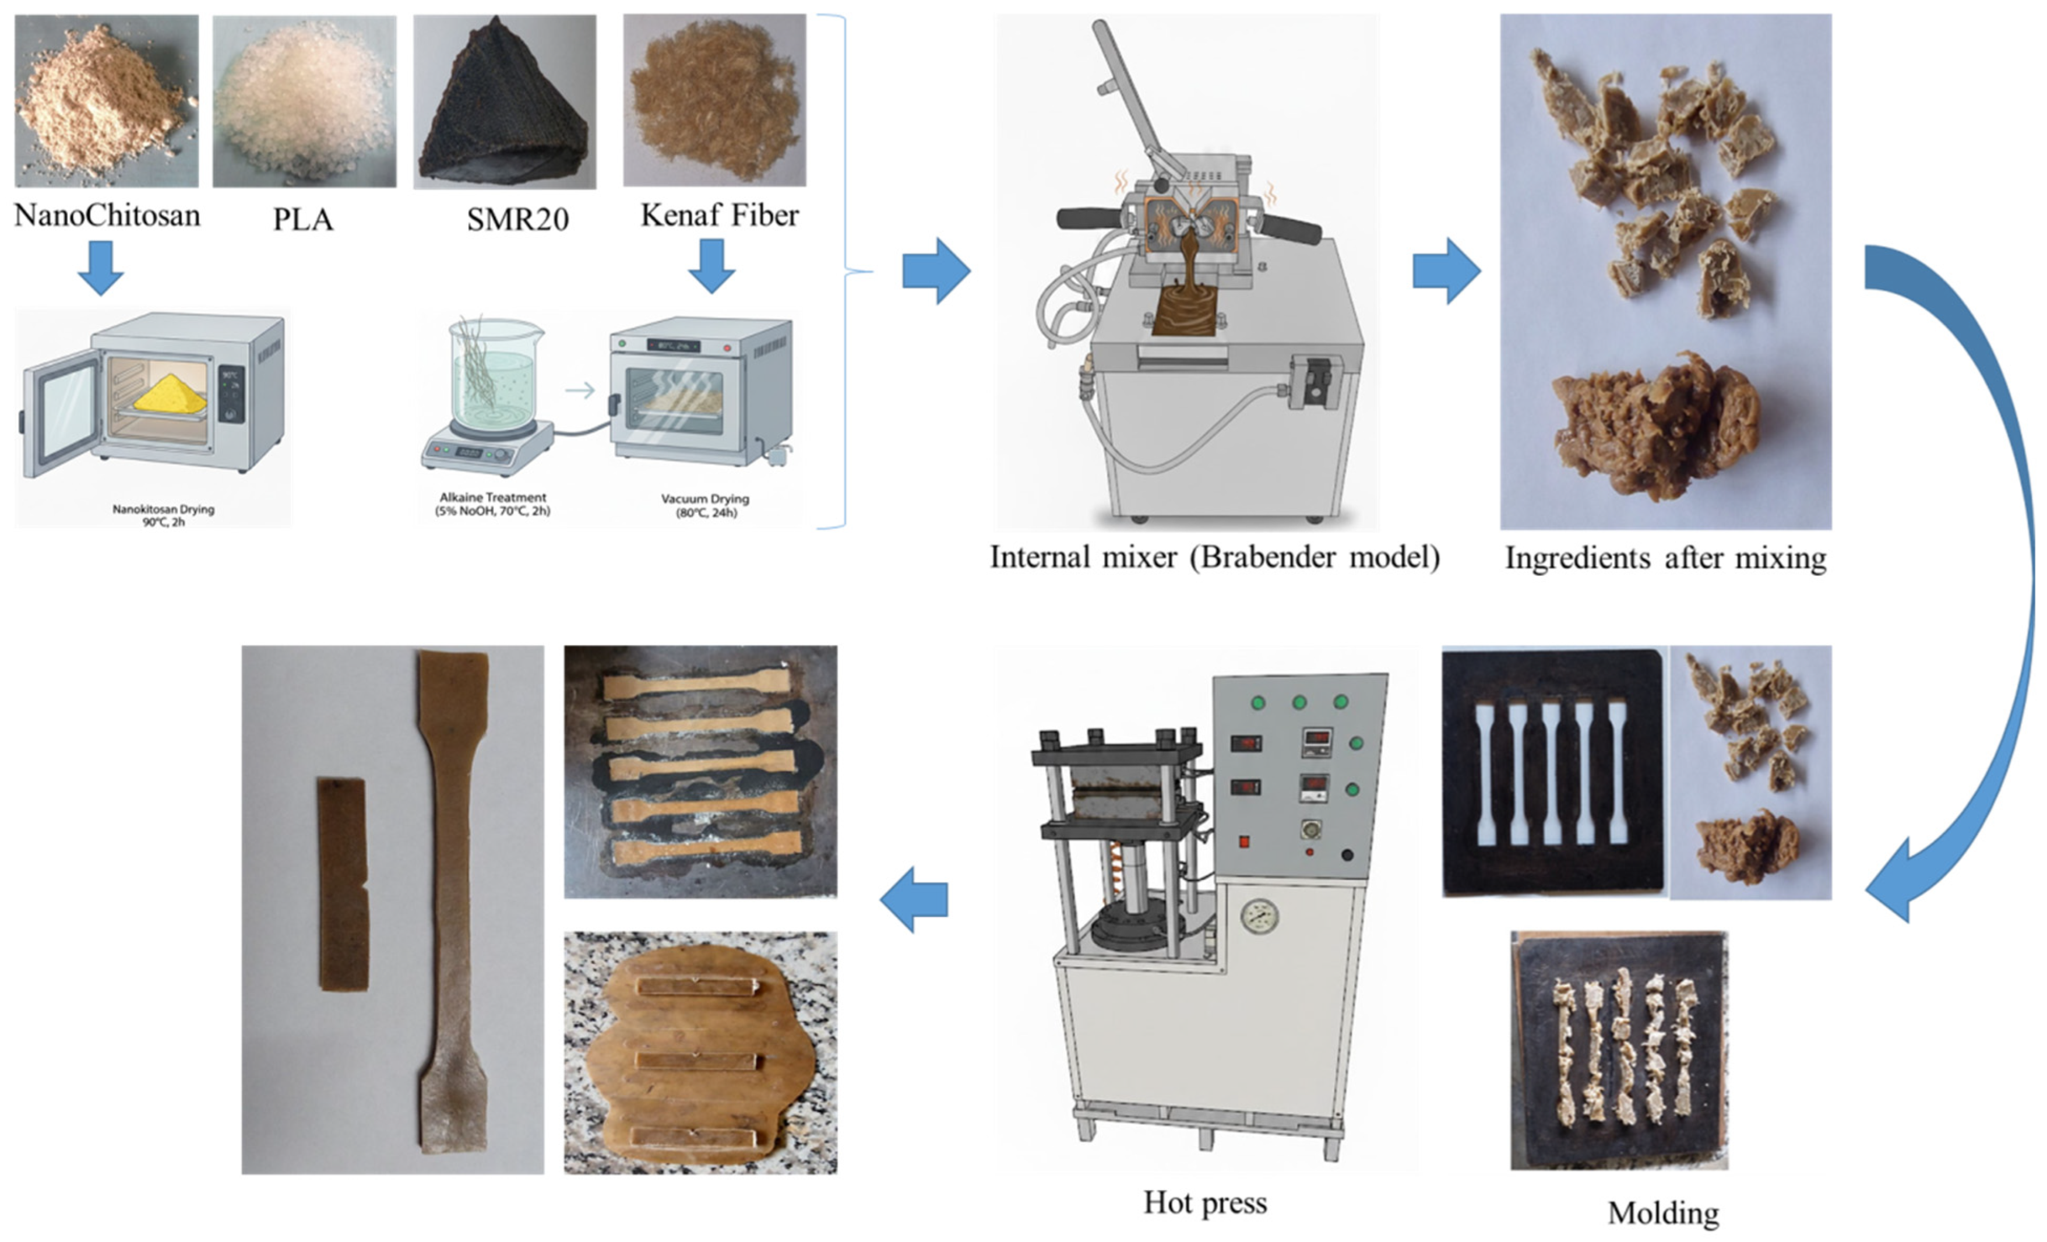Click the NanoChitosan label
(107, 215)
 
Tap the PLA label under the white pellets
(303, 219)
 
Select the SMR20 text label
(517, 219)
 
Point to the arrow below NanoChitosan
(101, 268)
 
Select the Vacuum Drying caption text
(704, 505)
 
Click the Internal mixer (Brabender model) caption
(1214, 557)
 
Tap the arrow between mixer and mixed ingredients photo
(1446, 271)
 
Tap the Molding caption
(1662, 1213)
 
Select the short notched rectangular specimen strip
(343, 883)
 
